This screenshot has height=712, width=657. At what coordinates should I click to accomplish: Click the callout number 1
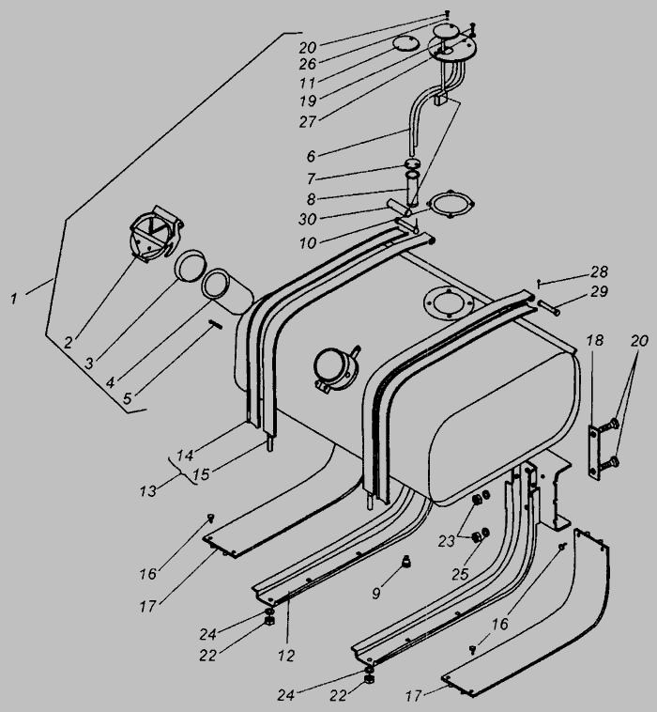pos(14,299)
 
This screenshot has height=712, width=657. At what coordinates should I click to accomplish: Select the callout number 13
pos(148,491)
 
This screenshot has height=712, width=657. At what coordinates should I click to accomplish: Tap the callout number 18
pos(594,340)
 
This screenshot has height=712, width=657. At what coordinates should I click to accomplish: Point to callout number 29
pos(599,291)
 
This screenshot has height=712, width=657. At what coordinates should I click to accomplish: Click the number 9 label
pos(376,593)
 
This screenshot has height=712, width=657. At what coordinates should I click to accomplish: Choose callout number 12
pos(286,656)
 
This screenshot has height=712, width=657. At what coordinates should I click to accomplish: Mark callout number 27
pos(308,122)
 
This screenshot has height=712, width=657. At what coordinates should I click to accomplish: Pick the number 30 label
pos(308,219)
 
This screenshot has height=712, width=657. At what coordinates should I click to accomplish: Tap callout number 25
pos(460,575)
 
